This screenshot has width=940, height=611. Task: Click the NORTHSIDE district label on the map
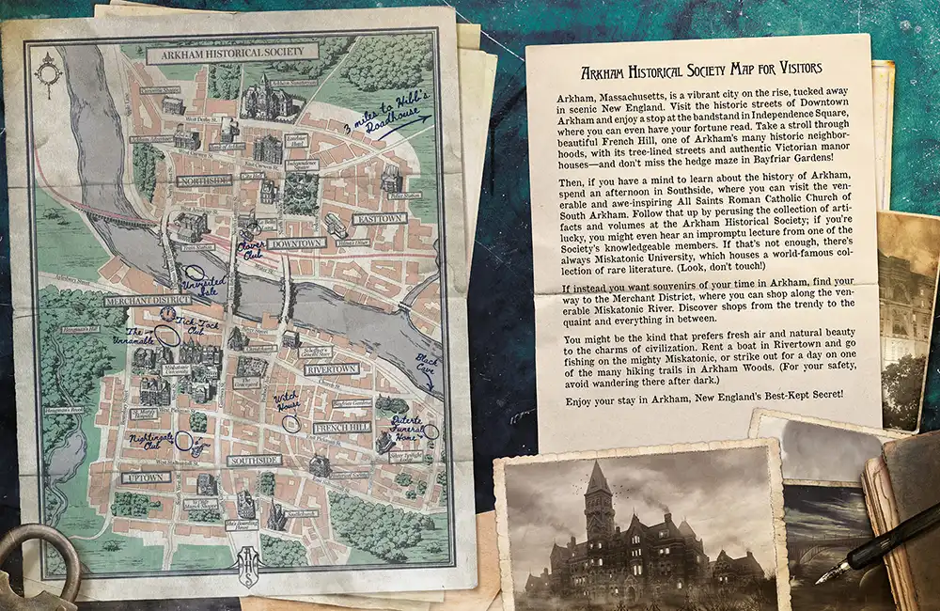tap(203, 180)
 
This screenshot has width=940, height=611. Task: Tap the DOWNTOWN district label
tap(295, 243)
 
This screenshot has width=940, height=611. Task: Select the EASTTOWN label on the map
tap(379, 218)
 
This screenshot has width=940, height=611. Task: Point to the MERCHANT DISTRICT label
tap(147, 300)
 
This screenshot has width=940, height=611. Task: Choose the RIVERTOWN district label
tap(331, 369)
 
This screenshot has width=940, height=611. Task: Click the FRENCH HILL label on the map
tap(341, 427)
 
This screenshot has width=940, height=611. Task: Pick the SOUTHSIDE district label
tap(254, 461)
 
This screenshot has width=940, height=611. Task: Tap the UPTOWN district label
tap(146, 478)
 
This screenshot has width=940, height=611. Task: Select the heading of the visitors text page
tap(701, 69)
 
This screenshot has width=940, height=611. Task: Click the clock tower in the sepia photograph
tap(598, 498)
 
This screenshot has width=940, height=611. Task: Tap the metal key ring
tap(38, 564)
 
